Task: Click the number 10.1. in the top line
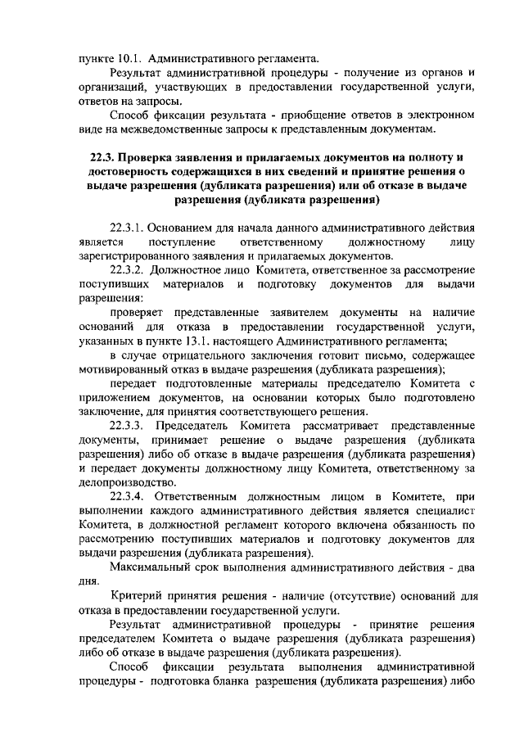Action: (129, 60)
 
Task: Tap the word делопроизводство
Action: (127, 481)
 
